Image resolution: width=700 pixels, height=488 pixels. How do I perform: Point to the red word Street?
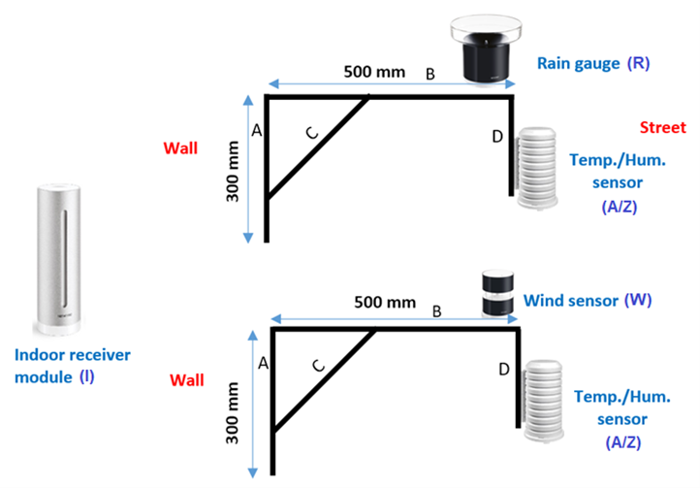[662, 128]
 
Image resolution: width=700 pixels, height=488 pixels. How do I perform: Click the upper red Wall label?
[181, 147]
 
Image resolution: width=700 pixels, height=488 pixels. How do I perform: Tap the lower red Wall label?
[187, 379]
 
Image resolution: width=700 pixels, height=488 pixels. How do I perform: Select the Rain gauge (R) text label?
[592, 64]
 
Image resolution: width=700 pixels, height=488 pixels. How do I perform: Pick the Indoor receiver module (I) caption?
[73, 365]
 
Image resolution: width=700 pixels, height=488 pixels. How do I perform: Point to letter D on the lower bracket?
[502, 370]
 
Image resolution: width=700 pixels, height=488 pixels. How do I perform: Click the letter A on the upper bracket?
[256, 130]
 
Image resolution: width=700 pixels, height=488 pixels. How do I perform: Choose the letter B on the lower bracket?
[436, 311]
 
